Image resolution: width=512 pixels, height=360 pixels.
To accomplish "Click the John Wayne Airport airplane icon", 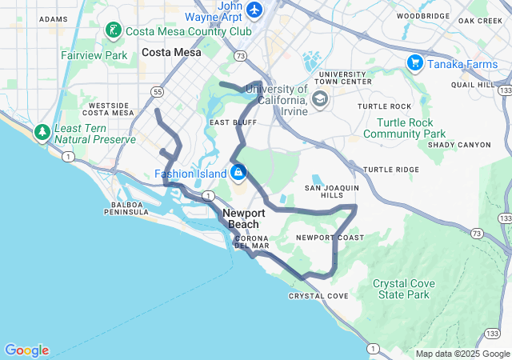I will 254,10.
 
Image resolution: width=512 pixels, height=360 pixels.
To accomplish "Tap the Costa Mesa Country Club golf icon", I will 114,31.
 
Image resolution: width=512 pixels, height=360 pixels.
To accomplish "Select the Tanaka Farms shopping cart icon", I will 414,62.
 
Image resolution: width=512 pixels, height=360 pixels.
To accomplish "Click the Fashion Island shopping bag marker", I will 238,172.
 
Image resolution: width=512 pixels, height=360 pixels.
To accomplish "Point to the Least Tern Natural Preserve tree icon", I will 41,131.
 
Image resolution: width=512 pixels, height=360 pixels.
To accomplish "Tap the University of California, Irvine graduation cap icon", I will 320,99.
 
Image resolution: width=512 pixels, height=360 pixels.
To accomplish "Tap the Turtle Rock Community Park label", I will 404,128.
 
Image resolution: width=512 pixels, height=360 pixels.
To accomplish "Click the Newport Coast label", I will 330,238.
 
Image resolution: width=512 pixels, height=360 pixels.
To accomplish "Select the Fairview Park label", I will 94,56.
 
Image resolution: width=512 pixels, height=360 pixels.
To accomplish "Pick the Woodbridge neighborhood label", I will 423,16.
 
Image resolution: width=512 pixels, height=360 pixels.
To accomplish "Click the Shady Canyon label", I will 459,145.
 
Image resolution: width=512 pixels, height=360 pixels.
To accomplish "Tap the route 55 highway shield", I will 153,90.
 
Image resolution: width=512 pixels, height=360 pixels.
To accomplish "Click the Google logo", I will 26,350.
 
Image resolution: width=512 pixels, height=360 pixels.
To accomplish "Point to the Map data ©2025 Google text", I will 462,354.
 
